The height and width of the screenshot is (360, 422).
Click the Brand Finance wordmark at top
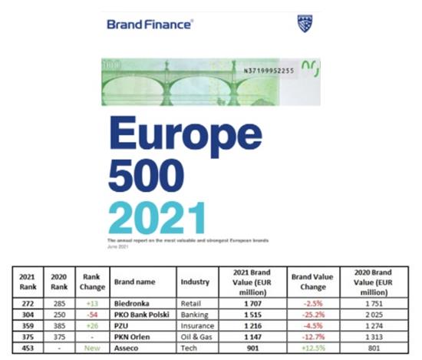[x=150, y=25]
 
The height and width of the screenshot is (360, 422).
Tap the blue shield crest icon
[x=305, y=23]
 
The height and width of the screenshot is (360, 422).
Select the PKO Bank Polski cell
[x=142, y=313]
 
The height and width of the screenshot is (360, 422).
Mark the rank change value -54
[x=93, y=313]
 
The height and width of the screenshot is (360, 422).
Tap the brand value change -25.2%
[x=312, y=313]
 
